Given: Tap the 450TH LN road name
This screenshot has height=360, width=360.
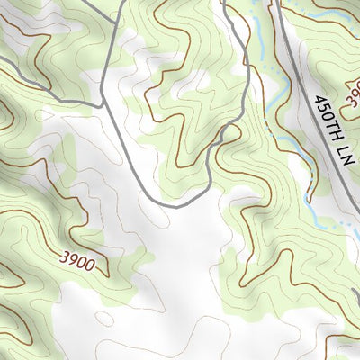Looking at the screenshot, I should click(329, 128).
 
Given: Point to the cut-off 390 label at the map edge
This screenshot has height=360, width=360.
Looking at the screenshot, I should click(352, 91).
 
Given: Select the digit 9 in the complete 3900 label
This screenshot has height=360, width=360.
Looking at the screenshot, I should click(73, 257).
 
